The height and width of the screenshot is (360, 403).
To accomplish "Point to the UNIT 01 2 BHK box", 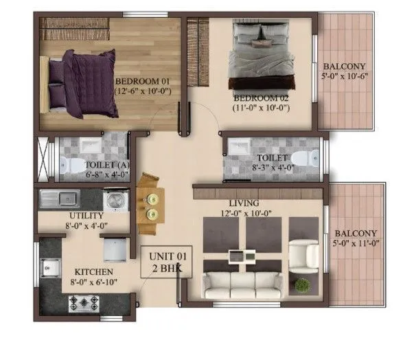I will (x=167, y=263).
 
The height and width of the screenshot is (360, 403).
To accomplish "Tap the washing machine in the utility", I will (x=114, y=200).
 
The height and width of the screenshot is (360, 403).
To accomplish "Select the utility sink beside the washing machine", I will (x=58, y=200).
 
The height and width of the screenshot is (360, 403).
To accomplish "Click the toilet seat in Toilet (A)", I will (x=66, y=164).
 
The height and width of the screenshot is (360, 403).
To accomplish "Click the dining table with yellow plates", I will (x=150, y=199).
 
